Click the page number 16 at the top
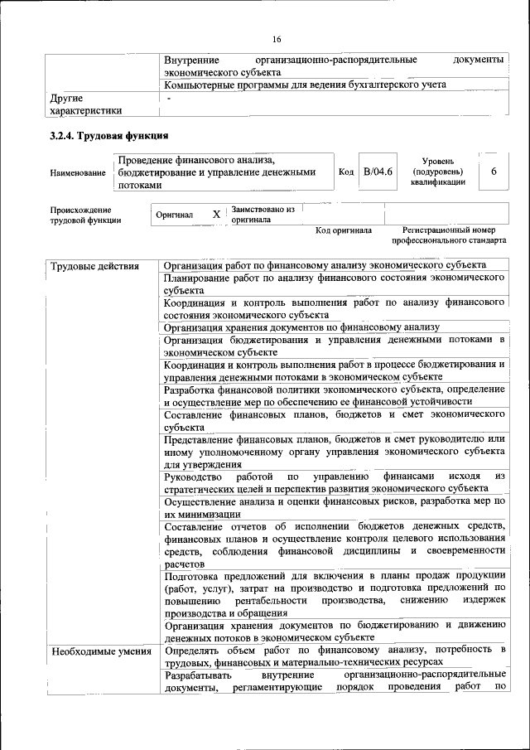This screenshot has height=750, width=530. tap(277, 39)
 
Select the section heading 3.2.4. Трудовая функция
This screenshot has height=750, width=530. tap(109, 135)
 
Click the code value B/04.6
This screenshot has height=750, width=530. tap(378, 171)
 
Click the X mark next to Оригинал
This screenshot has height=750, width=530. tap(216, 215)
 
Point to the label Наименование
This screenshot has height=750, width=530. tap(78, 172)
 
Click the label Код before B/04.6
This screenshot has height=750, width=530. tap(346, 172)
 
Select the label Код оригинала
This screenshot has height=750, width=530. tap(344, 230)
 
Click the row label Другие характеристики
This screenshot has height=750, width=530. tap(86, 104)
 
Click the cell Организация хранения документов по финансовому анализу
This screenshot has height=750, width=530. tap(301, 327)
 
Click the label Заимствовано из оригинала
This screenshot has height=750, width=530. tap(263, 215)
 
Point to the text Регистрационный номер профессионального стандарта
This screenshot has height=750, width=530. tap(449, 235)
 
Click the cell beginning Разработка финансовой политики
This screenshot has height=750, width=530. tap(334, 394)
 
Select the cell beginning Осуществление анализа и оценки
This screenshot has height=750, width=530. tap(334, 507)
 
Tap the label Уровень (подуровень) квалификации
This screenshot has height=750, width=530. tap(437, 171)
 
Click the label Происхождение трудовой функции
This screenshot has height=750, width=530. tap(85, 215)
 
